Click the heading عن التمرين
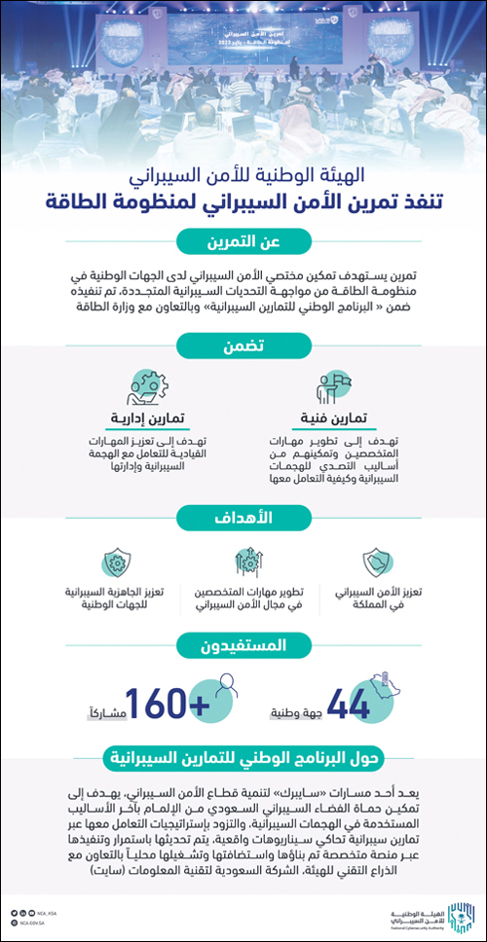243,240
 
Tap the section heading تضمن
243,344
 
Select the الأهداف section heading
243,516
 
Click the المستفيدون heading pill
243,643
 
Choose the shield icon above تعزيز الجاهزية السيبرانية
113,562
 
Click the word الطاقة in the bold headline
88,202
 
